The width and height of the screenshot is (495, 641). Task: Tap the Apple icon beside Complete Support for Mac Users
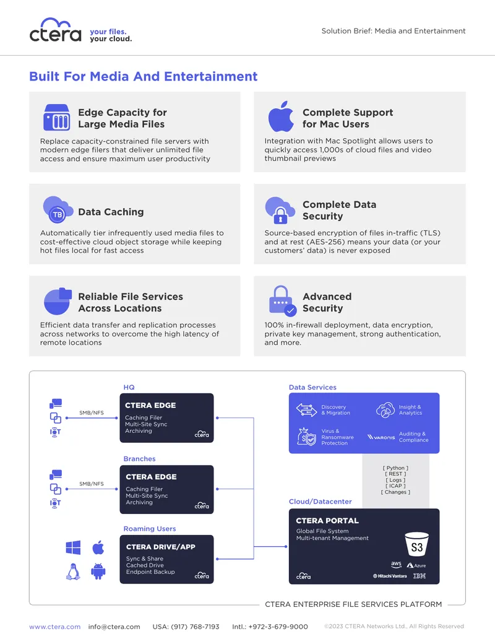pos(281,116)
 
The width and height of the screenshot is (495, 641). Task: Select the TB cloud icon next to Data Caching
pos(58,210)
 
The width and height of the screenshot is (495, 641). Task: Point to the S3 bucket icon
pos(416,544)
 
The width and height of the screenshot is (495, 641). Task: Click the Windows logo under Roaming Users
pos(73,547)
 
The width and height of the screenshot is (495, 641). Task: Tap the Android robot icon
pos(98,572)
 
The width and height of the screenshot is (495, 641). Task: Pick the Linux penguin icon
pos(73,572)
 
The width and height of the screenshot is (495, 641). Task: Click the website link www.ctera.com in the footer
pos(54,627)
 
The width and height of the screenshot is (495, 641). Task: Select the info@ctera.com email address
pos(114,627)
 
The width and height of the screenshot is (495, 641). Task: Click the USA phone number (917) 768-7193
pos(186,627)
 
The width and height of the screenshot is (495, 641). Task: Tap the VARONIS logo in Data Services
pos(381,437)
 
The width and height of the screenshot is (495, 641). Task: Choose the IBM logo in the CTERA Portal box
pos(420,576)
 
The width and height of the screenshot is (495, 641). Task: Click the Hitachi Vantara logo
pos(390,576)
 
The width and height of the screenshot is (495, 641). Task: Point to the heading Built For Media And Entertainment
pos(144,76)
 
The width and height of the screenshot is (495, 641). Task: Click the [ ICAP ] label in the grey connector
pos(395,486)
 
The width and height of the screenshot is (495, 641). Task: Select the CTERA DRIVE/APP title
pos(160,547)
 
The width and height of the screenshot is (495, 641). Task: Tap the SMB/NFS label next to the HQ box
pos(92,412)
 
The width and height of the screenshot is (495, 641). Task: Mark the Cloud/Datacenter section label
pos(320,502)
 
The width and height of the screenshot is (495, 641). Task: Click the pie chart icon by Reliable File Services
pos(57,301)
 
